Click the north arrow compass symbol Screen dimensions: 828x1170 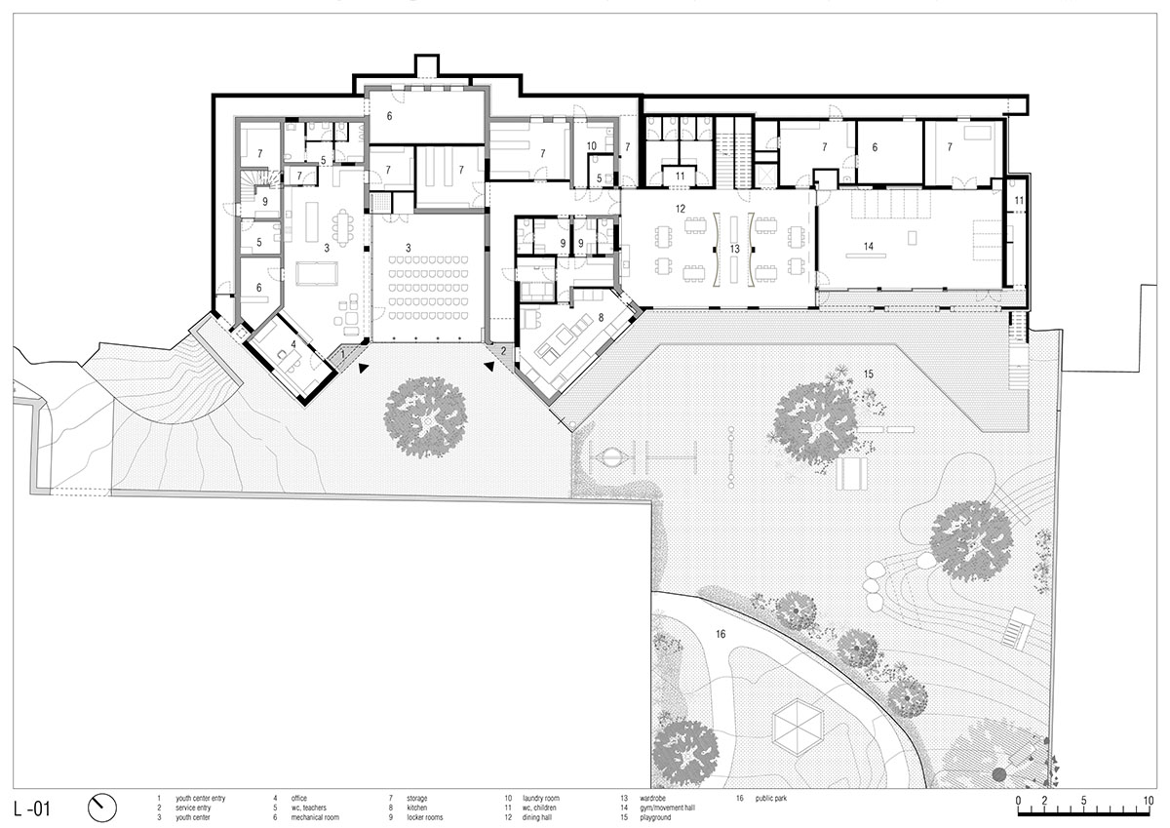tap(101, 807)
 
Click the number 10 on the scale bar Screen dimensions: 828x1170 tap(1148, 802)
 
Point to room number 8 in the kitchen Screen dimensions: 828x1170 tap(601, 317)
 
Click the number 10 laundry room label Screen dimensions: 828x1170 tap(591, 146)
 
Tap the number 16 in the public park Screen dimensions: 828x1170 tap(720, 634)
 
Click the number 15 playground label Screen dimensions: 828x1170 tap(869, 374)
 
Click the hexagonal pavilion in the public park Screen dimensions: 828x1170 tap(799, 729)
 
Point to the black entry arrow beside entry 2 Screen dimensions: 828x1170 tap(487, 367)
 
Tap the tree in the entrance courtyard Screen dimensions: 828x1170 tap(425, 416)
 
